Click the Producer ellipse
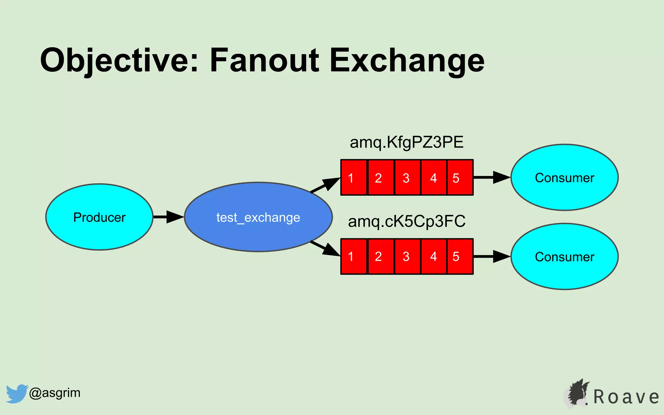point(99,217)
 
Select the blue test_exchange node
point(258,217)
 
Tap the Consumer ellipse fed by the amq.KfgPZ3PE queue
point(564,177)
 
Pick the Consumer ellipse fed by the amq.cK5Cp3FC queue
point(564,256)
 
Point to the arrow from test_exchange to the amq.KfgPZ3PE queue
point(325,185)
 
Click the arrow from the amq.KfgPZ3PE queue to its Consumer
point(492,177)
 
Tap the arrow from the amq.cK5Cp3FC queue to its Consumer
point(492,256)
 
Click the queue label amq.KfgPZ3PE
point(407,142)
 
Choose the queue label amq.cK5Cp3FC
point(407,221)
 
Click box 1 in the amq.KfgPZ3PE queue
point(354,177)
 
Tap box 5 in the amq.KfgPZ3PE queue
point(460,177)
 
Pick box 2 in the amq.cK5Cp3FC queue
point(381,256)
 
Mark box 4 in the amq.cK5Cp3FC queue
point(433,256)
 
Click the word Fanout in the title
point(264,60)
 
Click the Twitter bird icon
point(16,393)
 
